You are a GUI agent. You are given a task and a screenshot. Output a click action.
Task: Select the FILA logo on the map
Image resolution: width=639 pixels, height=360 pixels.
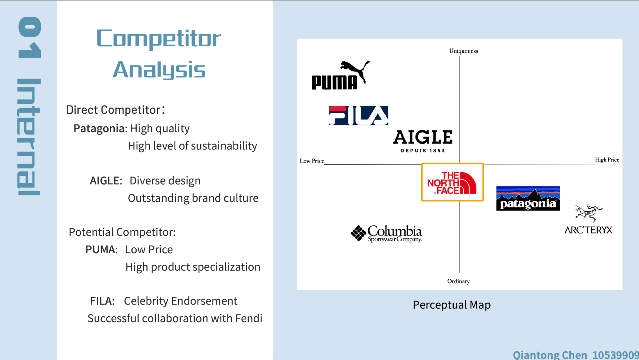(359, 115)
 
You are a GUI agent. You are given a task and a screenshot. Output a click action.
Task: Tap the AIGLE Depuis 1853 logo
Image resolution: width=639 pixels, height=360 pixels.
(423, 141)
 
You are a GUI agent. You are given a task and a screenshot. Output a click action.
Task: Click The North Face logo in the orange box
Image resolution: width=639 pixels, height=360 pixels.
(452, 182)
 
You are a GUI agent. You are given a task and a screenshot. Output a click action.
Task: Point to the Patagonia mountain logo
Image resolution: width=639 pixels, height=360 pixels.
(528, 198)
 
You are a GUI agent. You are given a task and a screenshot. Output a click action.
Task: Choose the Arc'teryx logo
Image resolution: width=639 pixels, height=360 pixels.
(588, 219)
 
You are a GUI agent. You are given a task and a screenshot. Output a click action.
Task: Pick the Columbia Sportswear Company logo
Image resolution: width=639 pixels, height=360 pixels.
(386, 233)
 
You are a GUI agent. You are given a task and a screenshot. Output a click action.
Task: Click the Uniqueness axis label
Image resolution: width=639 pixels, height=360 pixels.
(464, 51)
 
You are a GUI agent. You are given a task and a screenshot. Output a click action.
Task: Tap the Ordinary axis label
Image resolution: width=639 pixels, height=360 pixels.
(458, 281)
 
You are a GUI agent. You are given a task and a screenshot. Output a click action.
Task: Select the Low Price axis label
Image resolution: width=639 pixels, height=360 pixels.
(312, 161)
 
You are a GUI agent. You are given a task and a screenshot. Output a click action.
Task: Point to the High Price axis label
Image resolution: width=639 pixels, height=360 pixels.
(607, 160)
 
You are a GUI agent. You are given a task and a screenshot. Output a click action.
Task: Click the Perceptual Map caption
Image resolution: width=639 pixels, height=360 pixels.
(452, 305)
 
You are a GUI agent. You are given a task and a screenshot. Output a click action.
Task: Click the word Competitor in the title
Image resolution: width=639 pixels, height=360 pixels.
(159, 39)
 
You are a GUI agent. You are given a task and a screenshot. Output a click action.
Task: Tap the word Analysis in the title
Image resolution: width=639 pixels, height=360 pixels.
(159, 70)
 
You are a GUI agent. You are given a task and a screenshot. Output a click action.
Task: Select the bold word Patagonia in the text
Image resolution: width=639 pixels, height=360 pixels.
(100, 129)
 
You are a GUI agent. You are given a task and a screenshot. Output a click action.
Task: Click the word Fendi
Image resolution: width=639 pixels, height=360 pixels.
(249, 318)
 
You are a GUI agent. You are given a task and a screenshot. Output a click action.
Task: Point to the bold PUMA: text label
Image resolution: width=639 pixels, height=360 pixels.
(102, 250)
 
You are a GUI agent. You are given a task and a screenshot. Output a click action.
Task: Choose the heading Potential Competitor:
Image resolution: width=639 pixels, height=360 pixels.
(122, 232)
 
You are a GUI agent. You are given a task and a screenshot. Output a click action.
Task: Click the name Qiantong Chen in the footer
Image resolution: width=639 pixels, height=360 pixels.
(550, 355)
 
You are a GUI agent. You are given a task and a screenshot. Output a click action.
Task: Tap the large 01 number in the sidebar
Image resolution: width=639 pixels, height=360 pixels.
(30, 37)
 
